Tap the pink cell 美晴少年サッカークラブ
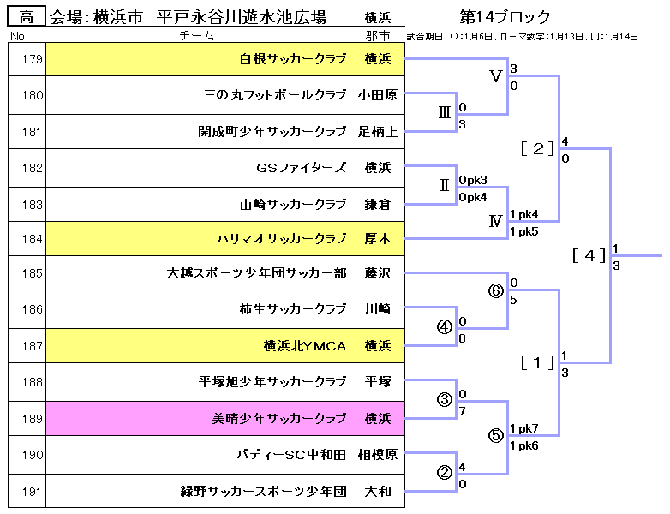pyautogui.click(x=279, y=419)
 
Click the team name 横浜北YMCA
pyautogui.click(x=305, y=346)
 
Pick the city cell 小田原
pyautogui.click(x=377, y=95)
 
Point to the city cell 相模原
pyautogui.click(x=377, y=455)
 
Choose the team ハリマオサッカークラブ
pyautogui.click(x=282, y=239)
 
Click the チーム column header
pyautogui.click(x=198, y=36)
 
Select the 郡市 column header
pyautogui.click(x=377, y=36)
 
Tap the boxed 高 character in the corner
pyautogui.click(x=26, y=16)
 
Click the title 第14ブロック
pyautogui.click(x=505, y=17)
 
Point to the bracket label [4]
pyautogui.click(x=589, y=255)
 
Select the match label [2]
pyautogui.click(x=538, y=148)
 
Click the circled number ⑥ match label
pyautogui.click(x=495, y=290)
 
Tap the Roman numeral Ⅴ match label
pyautogui.click(x=495, y=76)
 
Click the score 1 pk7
pyautogui.click(x=523, y=428)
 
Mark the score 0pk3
pyautogui.click(x=473, y=180)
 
